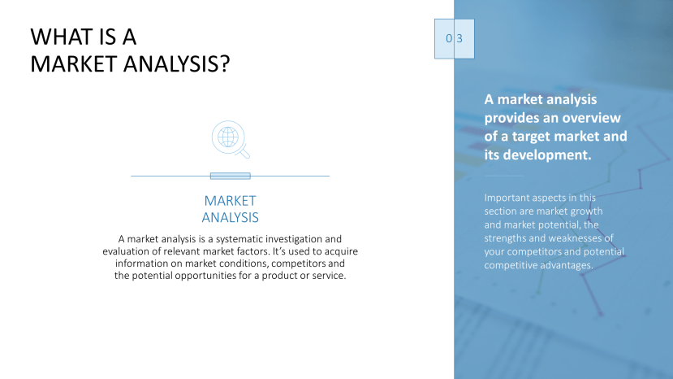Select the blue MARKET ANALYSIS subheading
(x=230, y=209)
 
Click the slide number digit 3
(x=459, y=38)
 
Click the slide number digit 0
(x=447, y=38)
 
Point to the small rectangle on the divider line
(x=230, y=176)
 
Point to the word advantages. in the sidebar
(x=563, y=264)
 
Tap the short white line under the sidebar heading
(x=504, y=176)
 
